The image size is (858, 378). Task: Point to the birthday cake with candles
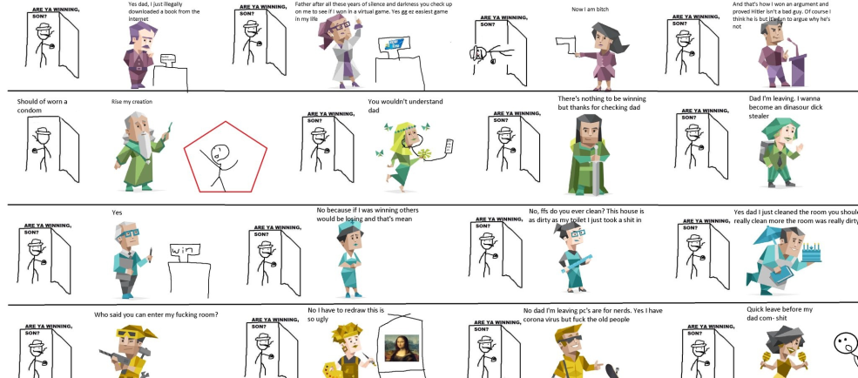[x=814, y=253]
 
